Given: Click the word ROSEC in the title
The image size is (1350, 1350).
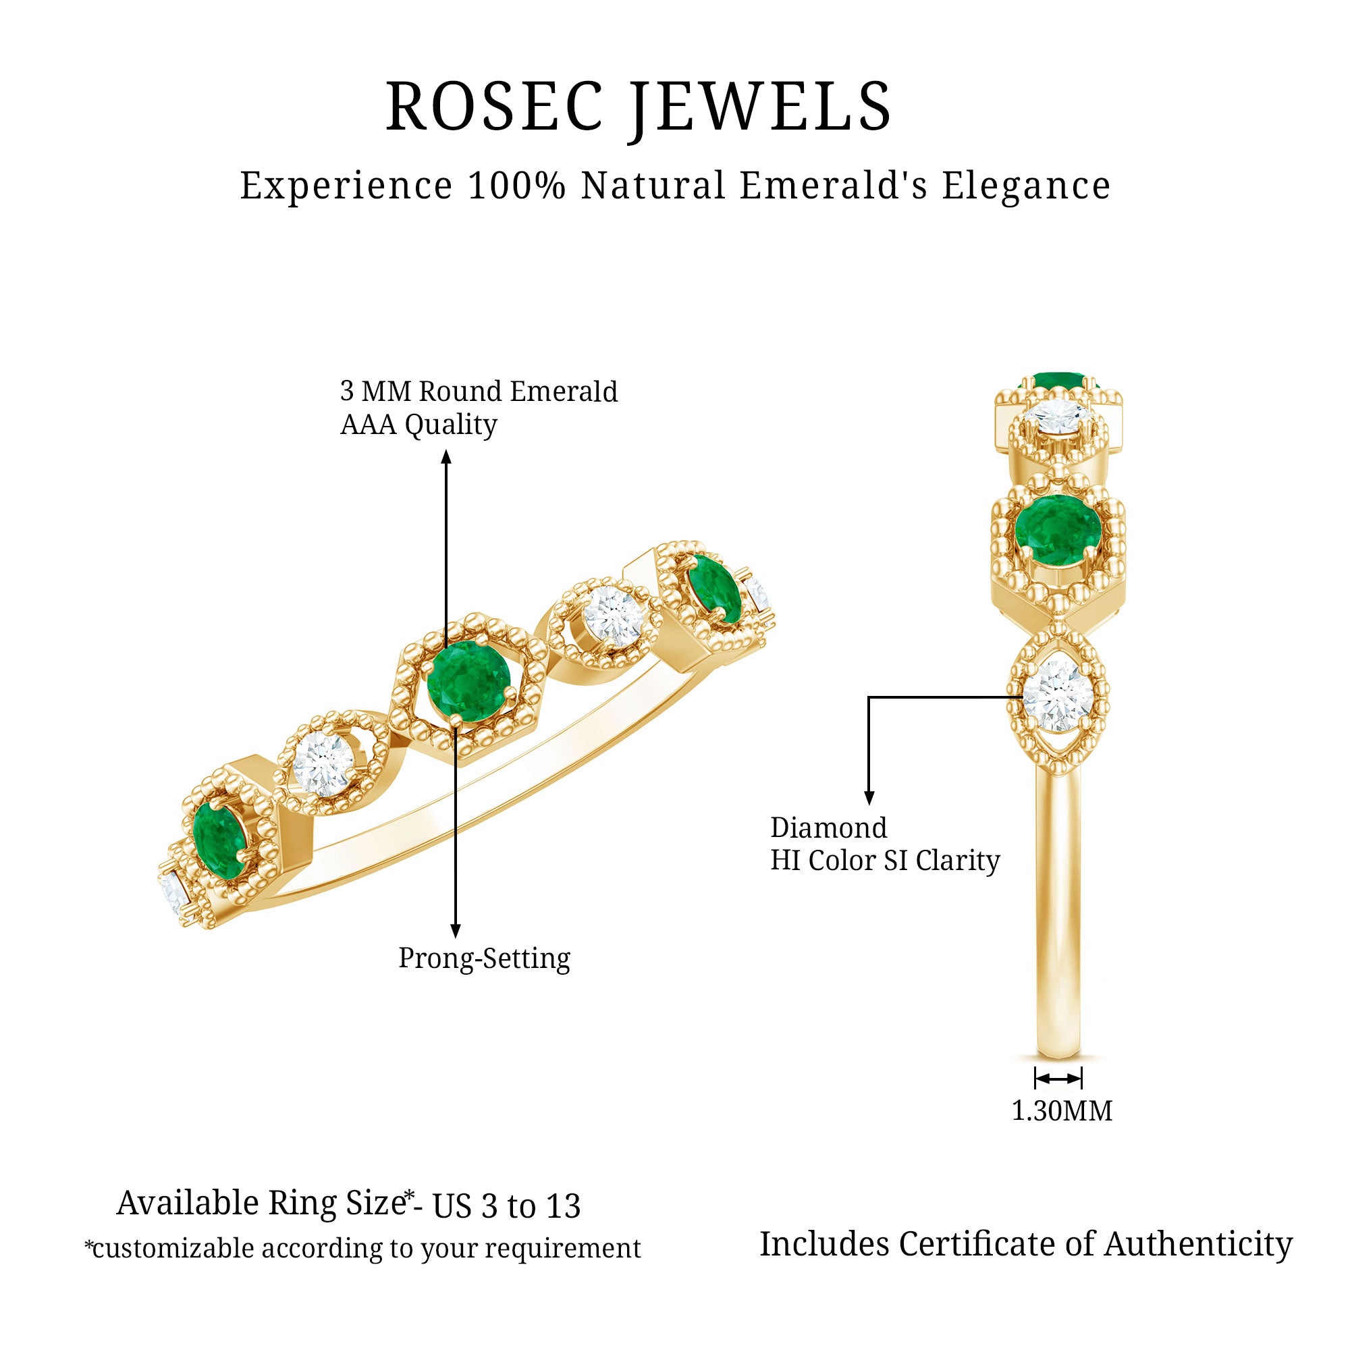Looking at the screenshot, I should [494, 107].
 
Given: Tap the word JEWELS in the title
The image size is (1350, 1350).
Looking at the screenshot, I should [761, 107].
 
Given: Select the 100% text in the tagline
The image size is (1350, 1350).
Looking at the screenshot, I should [516, 186].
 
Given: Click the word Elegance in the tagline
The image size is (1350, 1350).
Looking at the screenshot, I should [1026, 186].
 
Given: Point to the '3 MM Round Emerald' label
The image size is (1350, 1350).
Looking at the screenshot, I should [479, 391].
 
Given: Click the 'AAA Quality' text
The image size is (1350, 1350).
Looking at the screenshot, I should [418, 424].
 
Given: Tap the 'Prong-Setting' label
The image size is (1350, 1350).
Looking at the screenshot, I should [484, 958].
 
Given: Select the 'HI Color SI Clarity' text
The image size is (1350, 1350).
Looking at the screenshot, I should [885, 860].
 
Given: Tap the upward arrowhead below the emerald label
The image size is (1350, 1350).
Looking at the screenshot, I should [446, 458].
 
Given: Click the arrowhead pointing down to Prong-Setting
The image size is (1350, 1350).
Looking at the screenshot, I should [456, 931].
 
